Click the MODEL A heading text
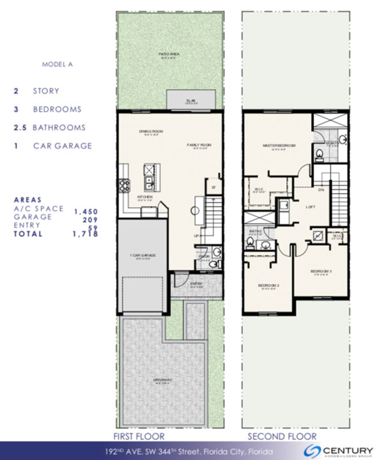(x=57, y=64)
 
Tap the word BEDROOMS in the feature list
(x=57, y=109)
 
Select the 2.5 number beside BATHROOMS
(x=20, y=128)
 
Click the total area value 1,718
(x=85, y=234)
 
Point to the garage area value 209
(x=90, y=220)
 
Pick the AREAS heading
(x=28, y=200)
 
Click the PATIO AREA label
(x=169, y=54)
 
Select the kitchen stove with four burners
(x=124, y=186)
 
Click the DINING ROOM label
(x=151, y=131)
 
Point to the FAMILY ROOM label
(x=199, y=145)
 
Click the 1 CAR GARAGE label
(x=143, y=255)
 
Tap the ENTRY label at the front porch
(x=196, y=284)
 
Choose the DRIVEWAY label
(x=162, y=380)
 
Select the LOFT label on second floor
(x=310, y=207)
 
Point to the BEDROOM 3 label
(x=321, y=271)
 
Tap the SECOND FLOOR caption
(x=282, y=436)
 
